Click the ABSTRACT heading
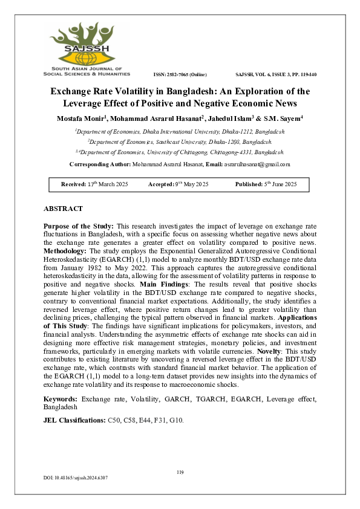(x=63, y=209)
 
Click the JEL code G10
(x=177, y=420)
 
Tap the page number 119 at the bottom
(x=180, y=472)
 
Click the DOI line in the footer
(x=75, y=478)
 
